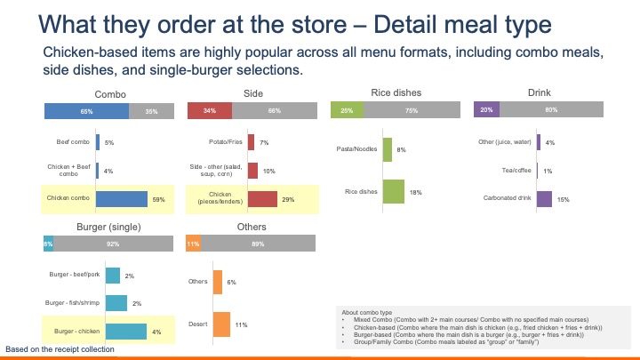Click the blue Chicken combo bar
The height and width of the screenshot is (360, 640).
pos(122,199)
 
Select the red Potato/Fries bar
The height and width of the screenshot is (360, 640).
pos(252,142)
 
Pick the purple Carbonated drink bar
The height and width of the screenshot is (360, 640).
pos(544,199)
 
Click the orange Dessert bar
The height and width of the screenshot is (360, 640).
pos(222,325)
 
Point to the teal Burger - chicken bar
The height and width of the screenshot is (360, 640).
pos(125,332)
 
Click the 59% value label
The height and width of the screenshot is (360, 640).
pos(159,199)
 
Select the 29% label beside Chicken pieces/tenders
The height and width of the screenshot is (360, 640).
pos(288,199)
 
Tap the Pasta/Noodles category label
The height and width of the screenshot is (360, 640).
pos(360,149)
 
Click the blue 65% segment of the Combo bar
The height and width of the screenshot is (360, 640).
pos(86,111)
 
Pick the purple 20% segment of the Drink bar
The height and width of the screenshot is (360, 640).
pos(486,110)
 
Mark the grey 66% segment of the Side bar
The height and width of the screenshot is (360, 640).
pos(274,111)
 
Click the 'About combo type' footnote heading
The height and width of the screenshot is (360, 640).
pos(364,311)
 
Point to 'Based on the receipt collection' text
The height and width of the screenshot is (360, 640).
pos(60,349)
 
